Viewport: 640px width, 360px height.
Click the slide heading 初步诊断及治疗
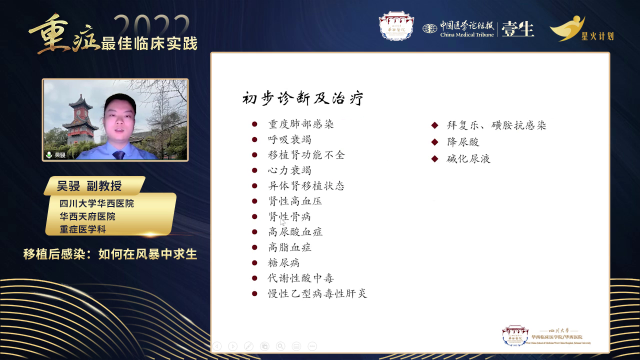coord(302,98)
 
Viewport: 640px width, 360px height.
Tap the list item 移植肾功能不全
coord(306,155)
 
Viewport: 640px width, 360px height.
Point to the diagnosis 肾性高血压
coord(294,201)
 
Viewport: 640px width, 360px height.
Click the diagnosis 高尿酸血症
coord(295,232)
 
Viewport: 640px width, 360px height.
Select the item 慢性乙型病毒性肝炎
coord(317,293)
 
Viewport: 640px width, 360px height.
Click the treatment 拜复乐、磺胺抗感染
coord(496,125)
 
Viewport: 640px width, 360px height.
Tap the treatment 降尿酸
coord(463,142)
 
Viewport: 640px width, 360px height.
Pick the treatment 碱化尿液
coord(468,159)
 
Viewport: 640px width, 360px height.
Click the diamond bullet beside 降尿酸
coord(435,142)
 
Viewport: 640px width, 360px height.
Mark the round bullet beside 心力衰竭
coord(255,170)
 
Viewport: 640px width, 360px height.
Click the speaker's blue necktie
coord(119,154)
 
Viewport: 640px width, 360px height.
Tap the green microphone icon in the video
coord(49,155)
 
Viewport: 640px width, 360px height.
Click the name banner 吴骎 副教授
coord(90,186)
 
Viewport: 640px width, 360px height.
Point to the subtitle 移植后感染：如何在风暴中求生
coord(110,254)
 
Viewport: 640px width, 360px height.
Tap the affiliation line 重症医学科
coord(82,229)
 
